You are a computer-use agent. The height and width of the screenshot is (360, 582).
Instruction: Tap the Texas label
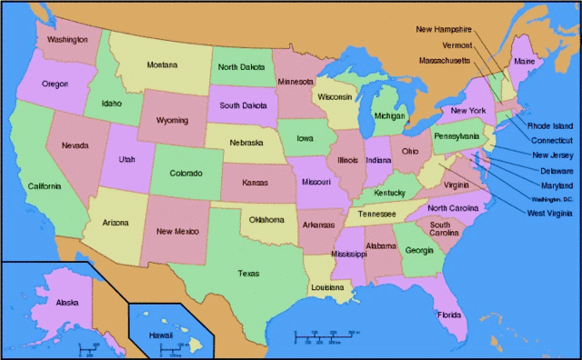[x=247, y=273]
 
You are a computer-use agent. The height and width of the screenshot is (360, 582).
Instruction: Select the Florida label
[x=449, y=315]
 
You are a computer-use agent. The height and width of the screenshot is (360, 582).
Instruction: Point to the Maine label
[x=525, y=61]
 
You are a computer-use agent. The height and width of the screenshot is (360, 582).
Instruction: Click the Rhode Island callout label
[x=550, y=125]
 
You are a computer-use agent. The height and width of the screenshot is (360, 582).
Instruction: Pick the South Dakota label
[x=242, y=105]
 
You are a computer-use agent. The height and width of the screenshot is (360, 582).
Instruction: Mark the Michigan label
[x=389, y=116]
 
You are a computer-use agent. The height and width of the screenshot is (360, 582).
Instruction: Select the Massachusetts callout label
[x=445, y=60]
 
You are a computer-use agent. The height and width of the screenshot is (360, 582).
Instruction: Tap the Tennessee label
[x=376, y=214]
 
